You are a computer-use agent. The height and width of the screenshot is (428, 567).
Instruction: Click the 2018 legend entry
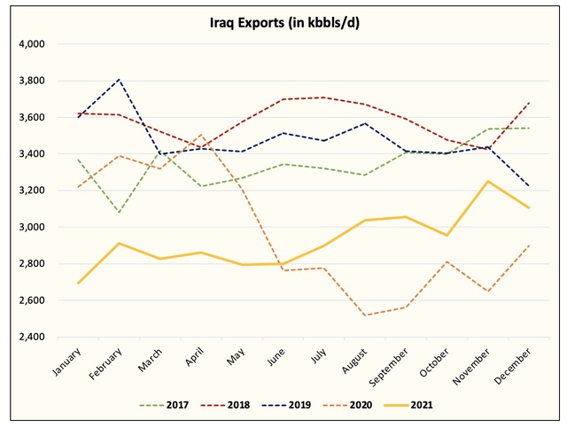pos(237,406)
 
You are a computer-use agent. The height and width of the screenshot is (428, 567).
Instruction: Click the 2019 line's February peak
pos(119,79)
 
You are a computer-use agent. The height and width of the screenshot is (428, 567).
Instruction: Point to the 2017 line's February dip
pos(119,213)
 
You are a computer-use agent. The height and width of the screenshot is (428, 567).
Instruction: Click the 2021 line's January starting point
pos(80,284)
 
